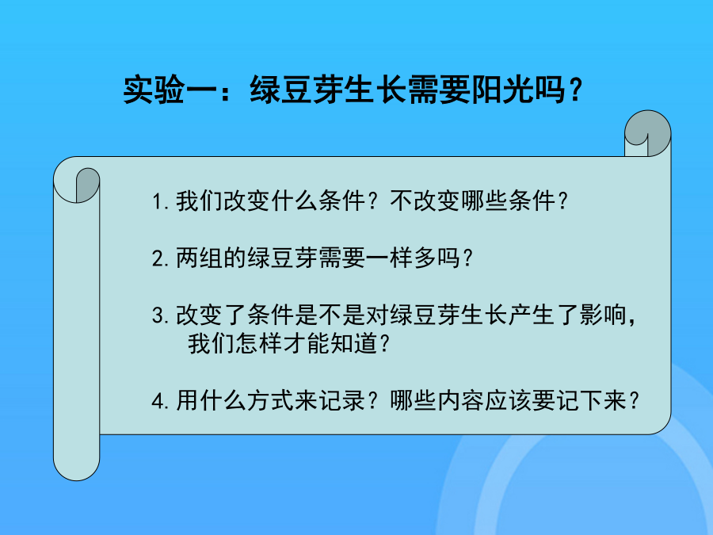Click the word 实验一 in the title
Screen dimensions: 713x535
(x=170, y=90)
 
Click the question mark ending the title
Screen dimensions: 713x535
(x=575, y=90)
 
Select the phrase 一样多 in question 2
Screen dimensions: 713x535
(x=401, y=258)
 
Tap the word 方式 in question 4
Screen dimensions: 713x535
(x=271, y=400)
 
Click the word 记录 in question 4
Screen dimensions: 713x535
(x=342, y=400)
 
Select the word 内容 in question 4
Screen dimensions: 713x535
(x=460, y=400)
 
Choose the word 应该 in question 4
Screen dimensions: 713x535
(x=509, y=400)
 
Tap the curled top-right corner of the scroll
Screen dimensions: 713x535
(x=647, y=133)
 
